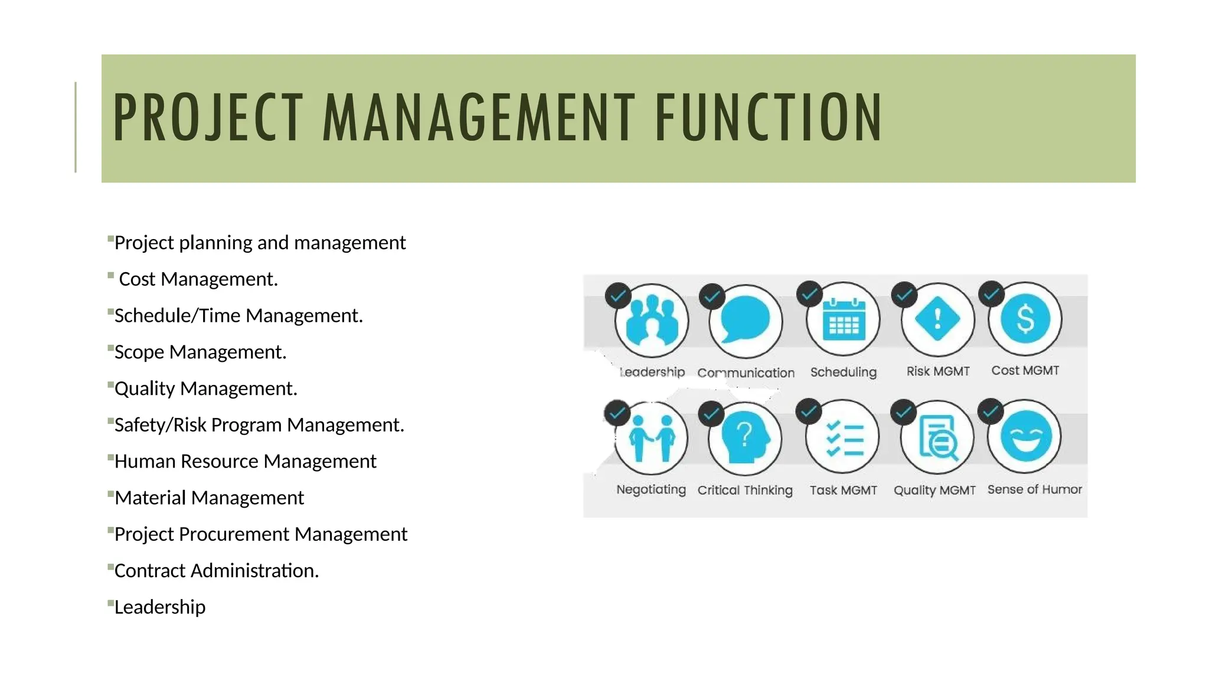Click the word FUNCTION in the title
click(768, 118)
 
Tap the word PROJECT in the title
click(208, 118)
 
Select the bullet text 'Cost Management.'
click(198, 279)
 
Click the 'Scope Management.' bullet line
click(200, 352)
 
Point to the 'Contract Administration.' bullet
click(216, 571)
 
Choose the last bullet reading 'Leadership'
click(160, 607)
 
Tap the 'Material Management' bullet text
click(209, 498)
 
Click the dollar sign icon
click(1025, 319)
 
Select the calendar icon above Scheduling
click(844, 320)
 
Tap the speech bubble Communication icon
click(746, 321)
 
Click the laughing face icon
click(1026, 437)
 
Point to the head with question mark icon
click(746, 439)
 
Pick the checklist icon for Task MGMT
click(844, 438)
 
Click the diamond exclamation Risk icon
click(937, 319)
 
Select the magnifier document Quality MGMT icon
click(937, 438)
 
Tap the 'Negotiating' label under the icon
click(651, 489)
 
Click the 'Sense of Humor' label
click(1034, 489)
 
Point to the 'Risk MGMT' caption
click(938, 371)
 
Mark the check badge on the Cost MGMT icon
click(991, 293)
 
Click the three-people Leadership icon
click(651, 321)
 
